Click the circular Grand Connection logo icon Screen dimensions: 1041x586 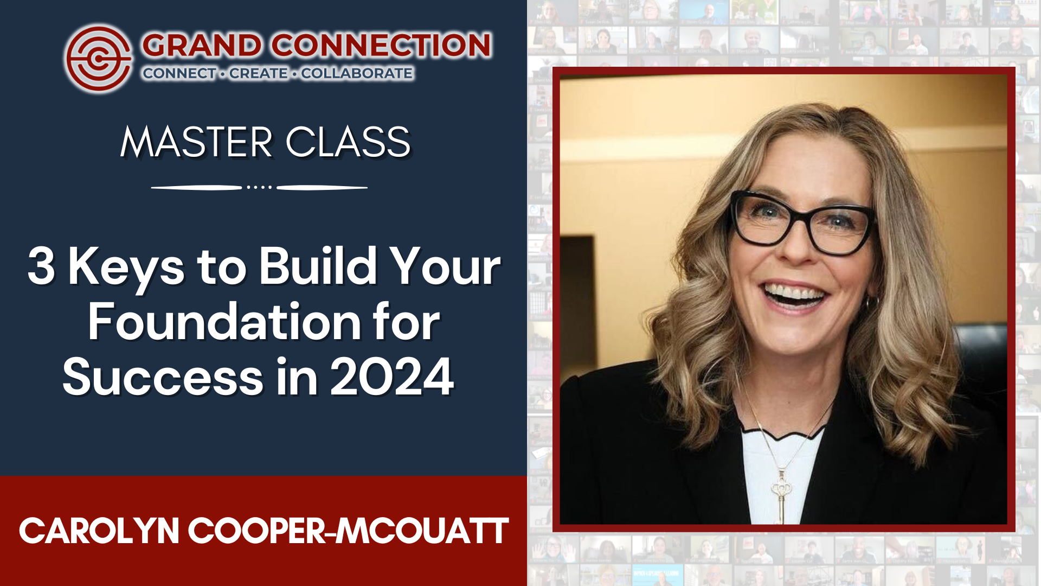click(x=98, y=58)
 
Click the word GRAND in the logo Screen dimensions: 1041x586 click(x=202, y=45)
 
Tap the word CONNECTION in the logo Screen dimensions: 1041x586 click(x=381, y=45)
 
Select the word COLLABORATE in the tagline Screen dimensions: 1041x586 click(x=357, y=73)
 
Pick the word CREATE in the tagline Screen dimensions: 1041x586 click(x=259, y=73)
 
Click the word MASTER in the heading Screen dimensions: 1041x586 click(x=196, y=142)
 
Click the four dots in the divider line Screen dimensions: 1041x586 click(x=259, y=187)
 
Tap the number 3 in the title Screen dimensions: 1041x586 click(x=41, y=266)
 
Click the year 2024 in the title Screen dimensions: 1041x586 click(x=391, y=377)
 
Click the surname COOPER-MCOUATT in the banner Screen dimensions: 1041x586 click(x=348, y=531)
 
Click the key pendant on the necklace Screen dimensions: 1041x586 click(x=781, y=496)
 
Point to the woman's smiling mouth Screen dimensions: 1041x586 click(x=794, y=295)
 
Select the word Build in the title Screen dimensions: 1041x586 click(x=318, y=266)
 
